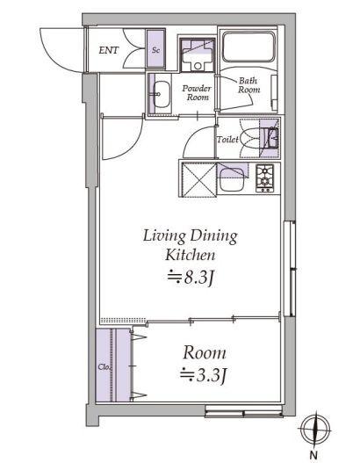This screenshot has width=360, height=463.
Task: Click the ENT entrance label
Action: coord(109,51)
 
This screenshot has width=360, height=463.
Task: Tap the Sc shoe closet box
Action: coord(155,51)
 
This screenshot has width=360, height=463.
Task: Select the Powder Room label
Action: coord(198,93)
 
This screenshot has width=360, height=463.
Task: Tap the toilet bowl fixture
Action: coord(267,138)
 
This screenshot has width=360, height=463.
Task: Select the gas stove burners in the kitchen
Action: coord(265,177)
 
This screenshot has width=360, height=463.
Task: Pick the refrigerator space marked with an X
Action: coord(198,181)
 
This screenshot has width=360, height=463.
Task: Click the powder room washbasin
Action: coord(162,92)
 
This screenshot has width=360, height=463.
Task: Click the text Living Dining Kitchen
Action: coord(191,246)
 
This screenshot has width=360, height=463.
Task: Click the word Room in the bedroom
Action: coord(205,353)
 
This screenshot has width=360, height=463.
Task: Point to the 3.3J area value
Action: coord(205,376)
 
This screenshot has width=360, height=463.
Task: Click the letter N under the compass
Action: coord(313,455)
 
